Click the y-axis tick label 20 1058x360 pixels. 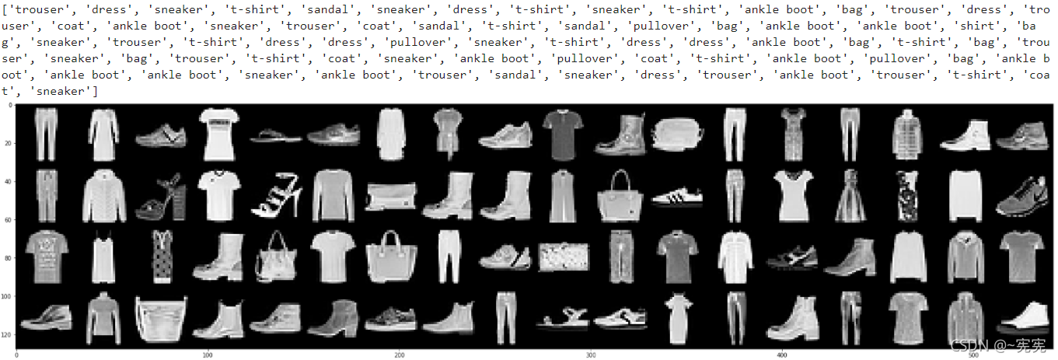[8, 143]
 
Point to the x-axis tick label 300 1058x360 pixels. [590, 355]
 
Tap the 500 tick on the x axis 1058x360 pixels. [973, 355]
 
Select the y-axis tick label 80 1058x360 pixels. [8, 258]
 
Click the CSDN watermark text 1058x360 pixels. [997, 346]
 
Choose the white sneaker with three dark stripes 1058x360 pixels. [677, 196]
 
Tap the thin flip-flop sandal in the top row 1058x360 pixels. [276, 136]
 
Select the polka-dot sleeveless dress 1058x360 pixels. [162, 257]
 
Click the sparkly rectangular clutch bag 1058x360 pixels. [564, 257]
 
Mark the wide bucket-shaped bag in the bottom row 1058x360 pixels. [161, 319]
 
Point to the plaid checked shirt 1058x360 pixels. [907, 135]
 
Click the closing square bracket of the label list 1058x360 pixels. [95, 91]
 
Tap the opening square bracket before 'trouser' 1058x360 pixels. [5, 9]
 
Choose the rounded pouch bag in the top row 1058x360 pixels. [677, 135]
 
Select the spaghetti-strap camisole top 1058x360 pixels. [103, 257]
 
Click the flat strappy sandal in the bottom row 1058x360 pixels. [563, 318]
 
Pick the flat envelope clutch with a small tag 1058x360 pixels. [390, 196]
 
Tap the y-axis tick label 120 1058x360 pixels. [7, 335]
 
